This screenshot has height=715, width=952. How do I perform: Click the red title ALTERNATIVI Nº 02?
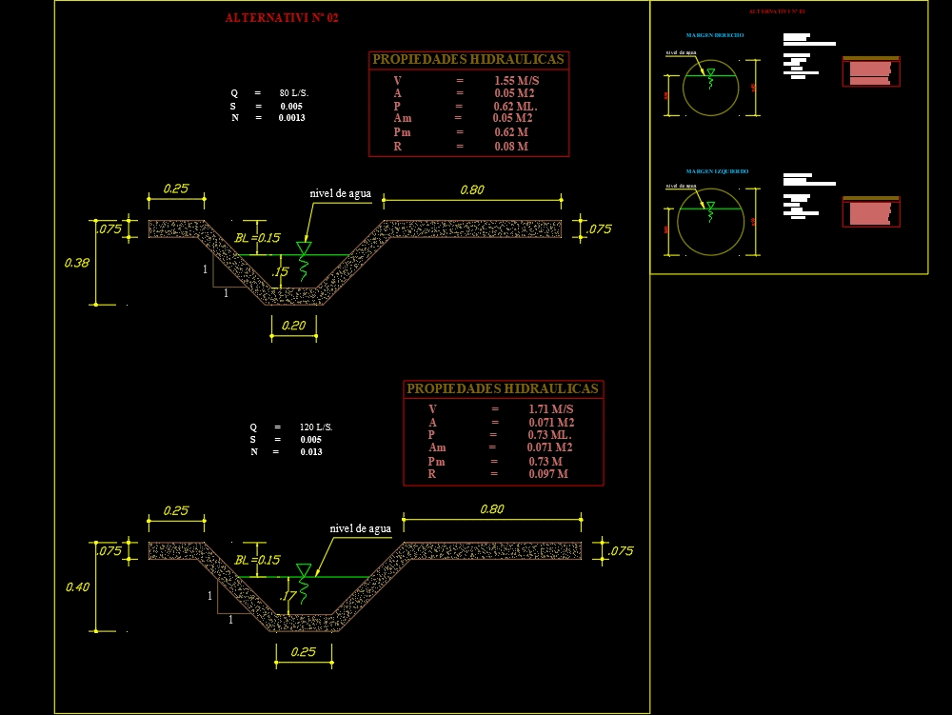pyautogui.click(x=281, y=18)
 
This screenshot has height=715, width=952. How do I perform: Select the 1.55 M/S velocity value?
pyautogui.click(x=516, y=81)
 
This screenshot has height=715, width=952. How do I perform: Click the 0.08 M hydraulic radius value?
pyautogui.click(x=511, y=147)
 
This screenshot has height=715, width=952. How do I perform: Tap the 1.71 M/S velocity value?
pyautogui.click(x=550, y=408)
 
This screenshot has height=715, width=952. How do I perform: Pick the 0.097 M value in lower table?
pyautogui.click(x=547, y=474)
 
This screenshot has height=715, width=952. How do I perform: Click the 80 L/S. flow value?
pyautogui.click(x=293, y=92)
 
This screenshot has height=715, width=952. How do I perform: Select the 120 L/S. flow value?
pyautogui.click(x=315, y=427)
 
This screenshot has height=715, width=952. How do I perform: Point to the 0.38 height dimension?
pyautogui.click(x=76, y=263)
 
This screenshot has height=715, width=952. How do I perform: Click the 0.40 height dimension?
pyautogui.click(x=77, y=586)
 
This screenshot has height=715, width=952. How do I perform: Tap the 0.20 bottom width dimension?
pyautogui.click(x=293, y=326)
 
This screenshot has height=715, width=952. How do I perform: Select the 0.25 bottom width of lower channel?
pyautogui.click(x=303, y=651)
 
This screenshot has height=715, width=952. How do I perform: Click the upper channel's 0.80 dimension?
pyautogui.click(x=471, y=189)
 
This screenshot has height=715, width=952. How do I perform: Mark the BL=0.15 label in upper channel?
pyautogui.click(x=257, y=238)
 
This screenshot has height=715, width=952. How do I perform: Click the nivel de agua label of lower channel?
pyautogui.click(x=360, y=528)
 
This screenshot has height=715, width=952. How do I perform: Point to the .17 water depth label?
pyautogui.click(x=288, y=596)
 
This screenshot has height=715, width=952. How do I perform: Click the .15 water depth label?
pyautogui.click(x=279, y=272)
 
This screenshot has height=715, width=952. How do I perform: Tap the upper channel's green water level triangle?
pyautogui.click(x=304, y=248)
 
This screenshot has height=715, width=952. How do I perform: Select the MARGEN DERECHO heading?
pyautogui.click(x=714, y=35)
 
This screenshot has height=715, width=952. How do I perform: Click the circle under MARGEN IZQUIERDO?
pyautogui.click(x=710, y=222)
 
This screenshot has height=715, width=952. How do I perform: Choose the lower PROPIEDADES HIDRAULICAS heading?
pyautogui.click(x=503, y=388)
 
